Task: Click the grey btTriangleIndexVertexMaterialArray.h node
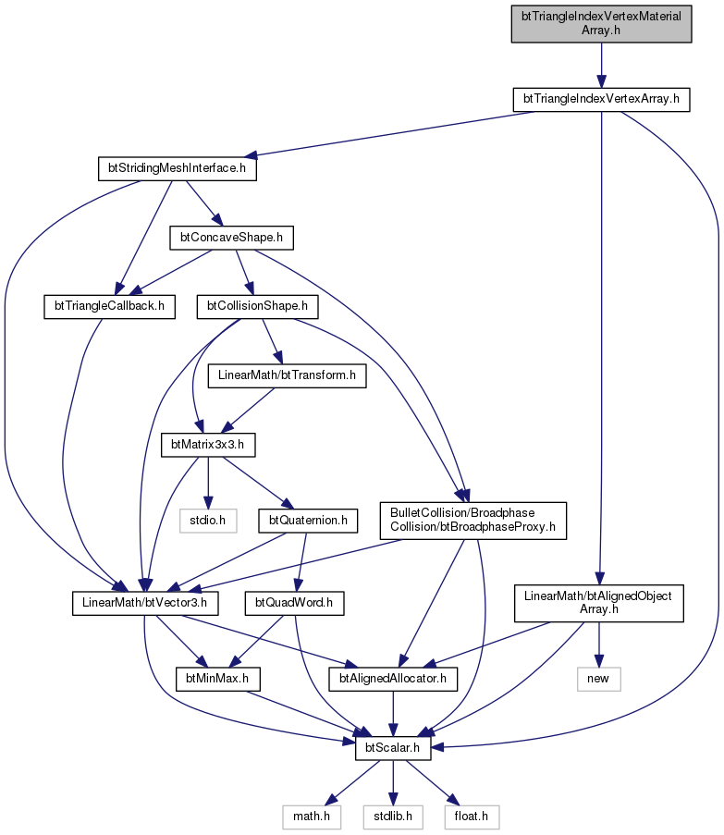(601, 24)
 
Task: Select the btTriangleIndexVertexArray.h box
(601, 100)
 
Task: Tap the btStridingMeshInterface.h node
(178, 169)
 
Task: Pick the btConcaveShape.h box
(231, 238)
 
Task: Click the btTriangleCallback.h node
(110, 307)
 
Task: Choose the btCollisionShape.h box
(258, 307)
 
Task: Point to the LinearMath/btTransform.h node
(287, 375)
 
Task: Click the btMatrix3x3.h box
(208, 445)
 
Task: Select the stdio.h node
(208, 521)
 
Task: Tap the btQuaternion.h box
(308, 521)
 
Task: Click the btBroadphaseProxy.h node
(473, 521)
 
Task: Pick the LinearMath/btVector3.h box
(145, 603)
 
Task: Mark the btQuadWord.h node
(294, 603)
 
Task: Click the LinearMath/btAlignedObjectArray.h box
(599, 603)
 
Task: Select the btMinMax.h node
(217, 679)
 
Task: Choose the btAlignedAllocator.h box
(393, 679)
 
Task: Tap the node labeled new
(599, 679)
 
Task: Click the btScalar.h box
(393, 748)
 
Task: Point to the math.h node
(312, 817)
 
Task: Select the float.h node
(472, 817)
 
